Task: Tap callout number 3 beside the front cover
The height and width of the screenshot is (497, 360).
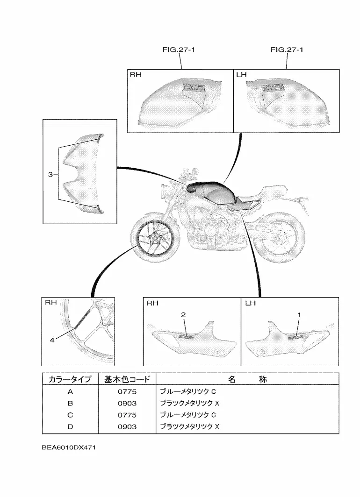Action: [50, 175]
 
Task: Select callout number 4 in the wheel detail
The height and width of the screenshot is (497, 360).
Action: [52, 340]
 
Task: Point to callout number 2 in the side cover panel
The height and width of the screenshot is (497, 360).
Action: [184, 315]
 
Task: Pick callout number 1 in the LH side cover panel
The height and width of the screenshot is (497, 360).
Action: [299, 315]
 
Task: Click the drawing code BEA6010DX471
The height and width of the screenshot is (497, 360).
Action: [68, 447]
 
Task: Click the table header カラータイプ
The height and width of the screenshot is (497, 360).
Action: [70, 379]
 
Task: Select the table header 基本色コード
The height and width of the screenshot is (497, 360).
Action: [127, 379]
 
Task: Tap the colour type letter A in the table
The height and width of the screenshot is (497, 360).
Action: [70, 391]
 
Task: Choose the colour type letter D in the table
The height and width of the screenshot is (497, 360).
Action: [70, 426]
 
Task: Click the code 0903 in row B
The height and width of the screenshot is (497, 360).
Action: [127, 403]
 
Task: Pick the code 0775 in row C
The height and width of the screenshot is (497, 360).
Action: [127, 415]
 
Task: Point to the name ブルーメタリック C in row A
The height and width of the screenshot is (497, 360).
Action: [188, 391]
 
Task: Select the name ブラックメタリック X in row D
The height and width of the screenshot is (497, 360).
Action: [190, 426]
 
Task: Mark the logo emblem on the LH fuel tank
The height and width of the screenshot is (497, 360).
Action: [273, 87]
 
